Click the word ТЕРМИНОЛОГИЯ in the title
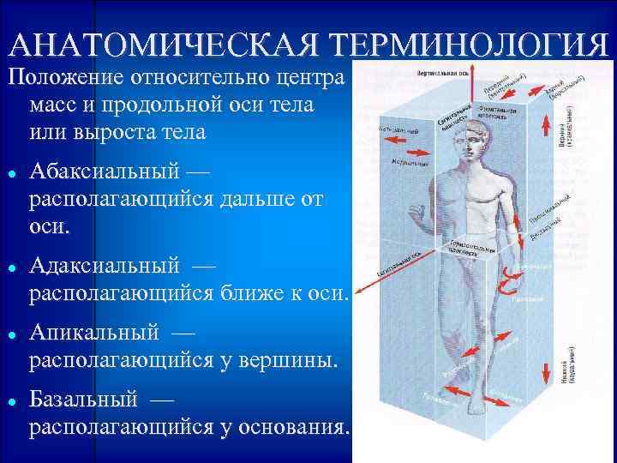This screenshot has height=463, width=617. pos(468,45)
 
